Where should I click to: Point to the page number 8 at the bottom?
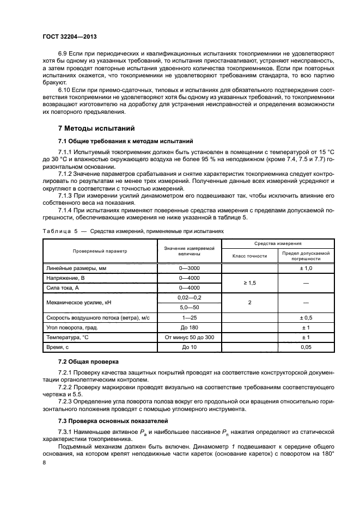pos(45,463)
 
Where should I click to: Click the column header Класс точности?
pos(249,255)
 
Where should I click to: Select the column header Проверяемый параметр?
pos(100,251)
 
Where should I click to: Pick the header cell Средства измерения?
pos(278,244)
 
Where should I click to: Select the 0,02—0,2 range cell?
pos(189,297)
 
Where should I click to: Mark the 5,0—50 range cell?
pos(189,307)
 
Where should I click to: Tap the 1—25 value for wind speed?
pos(189,317)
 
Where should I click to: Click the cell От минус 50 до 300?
pos(189,337)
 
